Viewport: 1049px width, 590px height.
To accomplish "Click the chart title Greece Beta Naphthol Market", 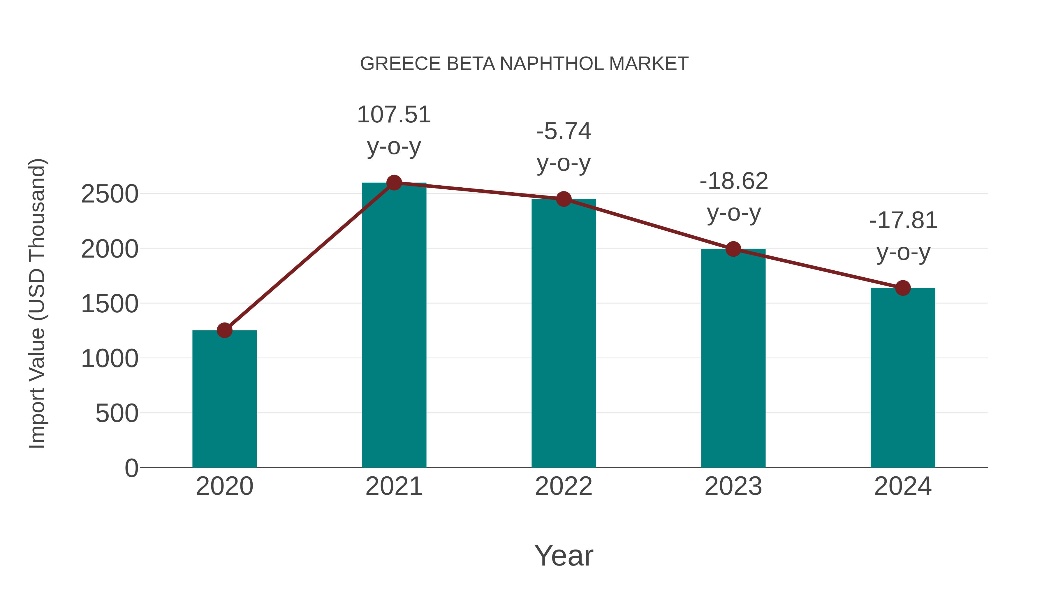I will [524, 64].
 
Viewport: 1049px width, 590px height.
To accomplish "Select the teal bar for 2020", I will [224, 399].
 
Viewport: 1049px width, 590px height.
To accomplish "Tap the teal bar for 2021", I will [394, 326].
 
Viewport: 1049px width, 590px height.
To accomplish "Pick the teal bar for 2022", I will [564, 334].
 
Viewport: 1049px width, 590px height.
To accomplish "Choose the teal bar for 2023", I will [733, 358].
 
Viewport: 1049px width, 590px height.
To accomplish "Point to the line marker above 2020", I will [224, 330].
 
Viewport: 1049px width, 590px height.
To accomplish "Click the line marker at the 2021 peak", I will [394, 183].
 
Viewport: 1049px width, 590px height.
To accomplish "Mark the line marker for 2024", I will [903, 288].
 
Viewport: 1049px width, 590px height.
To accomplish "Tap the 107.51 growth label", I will [394, 115].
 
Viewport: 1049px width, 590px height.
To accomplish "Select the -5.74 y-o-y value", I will [564, 131].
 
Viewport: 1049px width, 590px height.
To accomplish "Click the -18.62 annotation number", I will [733, 181].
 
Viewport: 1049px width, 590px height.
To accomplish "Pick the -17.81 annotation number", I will [903, 221].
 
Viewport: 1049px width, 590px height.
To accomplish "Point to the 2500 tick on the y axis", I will [110, 194].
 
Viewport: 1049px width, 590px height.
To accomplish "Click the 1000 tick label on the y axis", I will [110, 359].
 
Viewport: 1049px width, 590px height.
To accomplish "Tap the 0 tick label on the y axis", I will [131, 468].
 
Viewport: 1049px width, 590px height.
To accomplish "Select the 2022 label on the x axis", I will [564, 486].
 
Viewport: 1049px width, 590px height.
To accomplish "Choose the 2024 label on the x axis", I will [903, 486].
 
